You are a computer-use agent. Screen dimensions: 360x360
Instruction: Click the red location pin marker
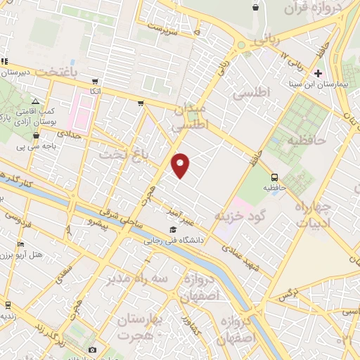181,165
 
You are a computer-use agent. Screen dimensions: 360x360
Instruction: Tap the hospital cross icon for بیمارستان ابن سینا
318,73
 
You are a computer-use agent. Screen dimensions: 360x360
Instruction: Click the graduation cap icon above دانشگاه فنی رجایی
173,229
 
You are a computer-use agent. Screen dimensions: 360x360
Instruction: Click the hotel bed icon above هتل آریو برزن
21,245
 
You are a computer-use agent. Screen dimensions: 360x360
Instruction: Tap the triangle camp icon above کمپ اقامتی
34,103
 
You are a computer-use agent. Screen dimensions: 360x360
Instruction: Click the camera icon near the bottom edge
91,349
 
